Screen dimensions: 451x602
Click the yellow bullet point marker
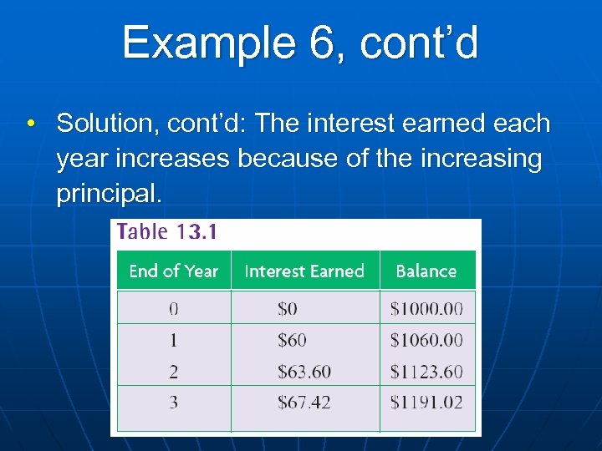point(29,124)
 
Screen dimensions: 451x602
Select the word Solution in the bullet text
point(107,124)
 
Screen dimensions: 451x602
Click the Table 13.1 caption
point(167,232)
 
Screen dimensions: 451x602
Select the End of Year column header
point(173,271)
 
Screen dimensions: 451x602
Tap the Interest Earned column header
point(304,271)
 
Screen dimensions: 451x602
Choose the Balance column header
point(426,271)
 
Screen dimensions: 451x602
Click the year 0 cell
point(173,308)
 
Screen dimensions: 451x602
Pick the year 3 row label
point(173,403)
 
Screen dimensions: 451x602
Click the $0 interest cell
point(288,308)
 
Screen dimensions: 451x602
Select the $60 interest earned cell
point(292,340)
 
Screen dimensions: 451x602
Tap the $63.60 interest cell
point(304,371)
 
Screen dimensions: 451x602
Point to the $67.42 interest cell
point(304,403)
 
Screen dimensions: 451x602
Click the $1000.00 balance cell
point(426,308)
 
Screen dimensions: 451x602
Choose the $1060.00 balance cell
point(426,340)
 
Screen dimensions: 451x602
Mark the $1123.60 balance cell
point(426,371)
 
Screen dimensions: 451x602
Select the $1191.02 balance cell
point(426,403)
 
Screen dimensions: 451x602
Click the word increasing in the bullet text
point(482,159)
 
